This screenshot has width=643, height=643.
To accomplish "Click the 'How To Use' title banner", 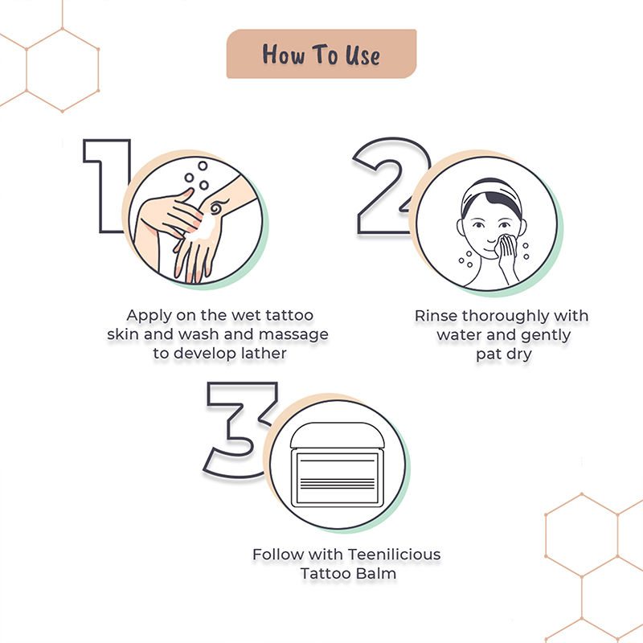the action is [321, 54].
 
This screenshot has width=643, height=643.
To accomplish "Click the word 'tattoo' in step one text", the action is [289, 315].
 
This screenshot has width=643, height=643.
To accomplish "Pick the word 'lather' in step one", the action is [264, 353].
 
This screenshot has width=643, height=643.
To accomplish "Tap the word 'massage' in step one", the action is [293, 335].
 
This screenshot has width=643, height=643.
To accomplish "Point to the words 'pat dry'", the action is [504, 354].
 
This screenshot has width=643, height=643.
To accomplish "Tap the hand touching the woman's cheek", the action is [507, 256].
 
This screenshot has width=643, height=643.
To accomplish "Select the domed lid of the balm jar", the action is [337, 435].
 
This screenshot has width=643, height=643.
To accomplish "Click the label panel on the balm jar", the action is [337, 477].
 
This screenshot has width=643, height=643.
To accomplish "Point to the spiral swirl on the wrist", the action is [216, 207].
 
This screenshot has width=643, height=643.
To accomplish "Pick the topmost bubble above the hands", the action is [203, 166].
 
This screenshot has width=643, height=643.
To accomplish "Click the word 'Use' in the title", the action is [362, 55].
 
